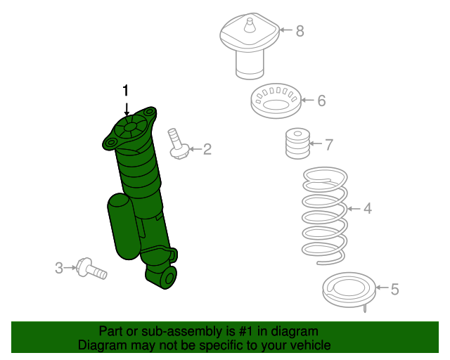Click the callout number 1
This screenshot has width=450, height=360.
coord(126,90)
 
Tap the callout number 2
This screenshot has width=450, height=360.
coord(207,148)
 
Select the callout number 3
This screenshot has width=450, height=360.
coord(59,267)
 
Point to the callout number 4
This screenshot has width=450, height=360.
coord(367,208)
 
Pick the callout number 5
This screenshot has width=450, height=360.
coord(394,288)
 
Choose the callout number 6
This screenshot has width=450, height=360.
coord(321,101)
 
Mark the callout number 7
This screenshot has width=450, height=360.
coord(328,145)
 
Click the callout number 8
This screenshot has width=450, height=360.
coord(300,30)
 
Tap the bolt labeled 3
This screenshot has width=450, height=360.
coord(92,268)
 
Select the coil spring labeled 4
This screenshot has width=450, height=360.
coord(323,214)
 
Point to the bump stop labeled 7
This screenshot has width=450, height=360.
coord(296,145)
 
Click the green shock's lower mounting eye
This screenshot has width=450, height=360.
coord(167,278)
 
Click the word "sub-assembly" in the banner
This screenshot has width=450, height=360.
coord(162,331)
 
